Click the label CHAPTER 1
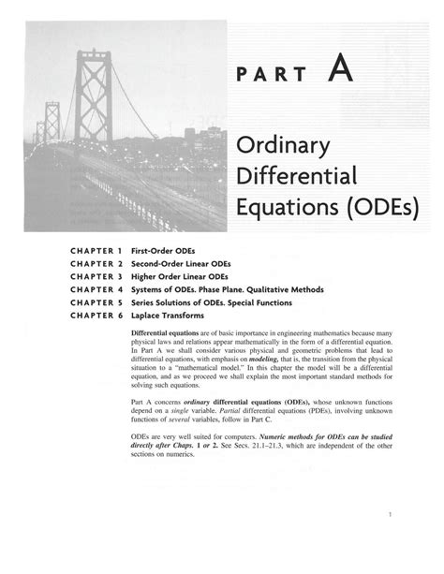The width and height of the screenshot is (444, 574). [96, 250]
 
